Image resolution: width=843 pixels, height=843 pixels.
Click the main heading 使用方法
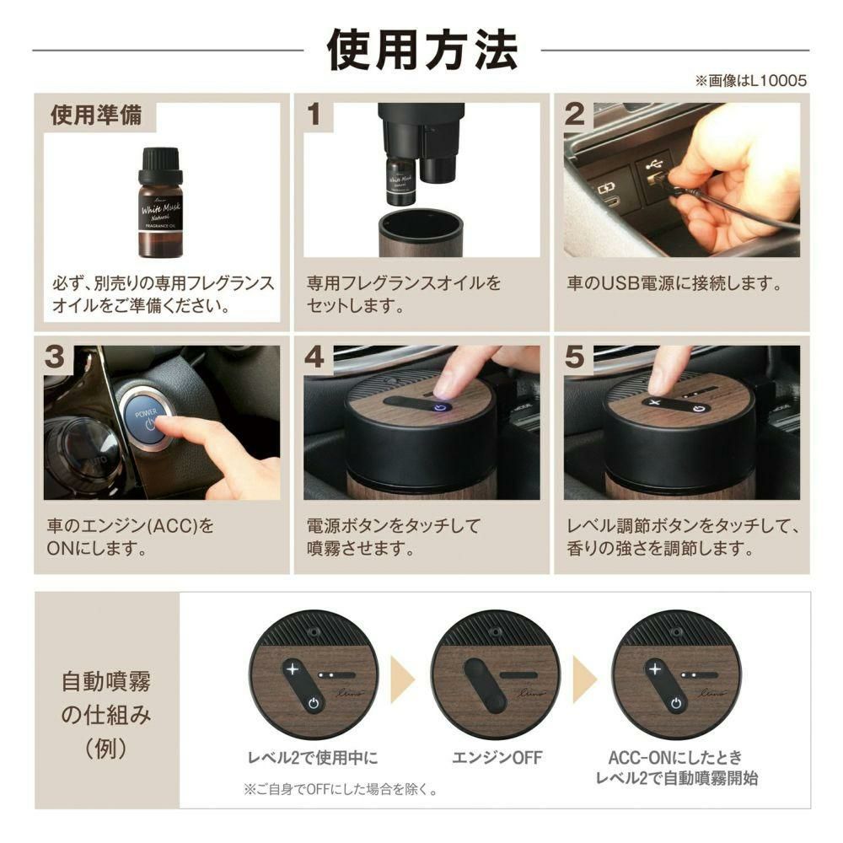click(x=422, y=50)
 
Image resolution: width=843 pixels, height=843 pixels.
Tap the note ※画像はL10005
click(x=751, y=81)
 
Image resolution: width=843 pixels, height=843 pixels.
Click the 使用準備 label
click(x=97, y=115)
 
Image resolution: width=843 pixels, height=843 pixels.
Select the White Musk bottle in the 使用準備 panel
click(x=161, y=202)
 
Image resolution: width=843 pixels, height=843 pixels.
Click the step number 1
click(x=314, y=115)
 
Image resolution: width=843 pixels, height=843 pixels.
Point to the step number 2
click(x=575, y=115)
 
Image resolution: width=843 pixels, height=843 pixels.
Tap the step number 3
click(x=55, y=357)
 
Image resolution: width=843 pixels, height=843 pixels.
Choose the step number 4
click(x=315, y=357)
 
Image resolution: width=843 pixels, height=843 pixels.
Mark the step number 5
click(x=575, y=357)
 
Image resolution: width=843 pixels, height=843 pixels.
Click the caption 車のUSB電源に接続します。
click(x=674, y=283)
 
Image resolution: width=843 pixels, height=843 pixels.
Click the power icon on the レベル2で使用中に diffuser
click(x=314, y=703)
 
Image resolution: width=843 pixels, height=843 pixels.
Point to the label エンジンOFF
click(x=497, y=758)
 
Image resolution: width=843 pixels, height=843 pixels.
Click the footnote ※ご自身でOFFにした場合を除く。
click(x=341, y=789)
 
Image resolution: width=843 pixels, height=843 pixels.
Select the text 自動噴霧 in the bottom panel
click(x=106, y=681)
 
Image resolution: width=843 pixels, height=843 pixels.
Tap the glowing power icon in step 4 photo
click(x=440, y=408)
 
